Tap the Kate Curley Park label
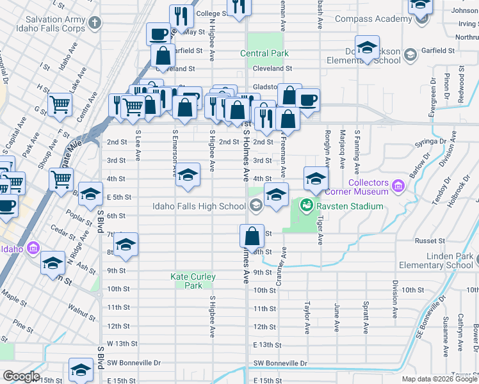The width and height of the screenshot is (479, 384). pyautogui.click(x=193, y=281)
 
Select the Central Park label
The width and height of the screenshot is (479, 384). pyautogui.click(x=264, y=53)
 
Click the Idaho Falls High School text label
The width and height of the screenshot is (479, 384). pyautogui.click(x=199, y=206)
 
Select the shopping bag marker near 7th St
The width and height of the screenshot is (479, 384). pyautogui.click(x=253, y=236)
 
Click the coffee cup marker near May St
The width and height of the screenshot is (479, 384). pyautogui.click(x=158, y=33)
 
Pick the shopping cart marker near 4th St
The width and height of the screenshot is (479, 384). pyautogui.click(x=61, y=179)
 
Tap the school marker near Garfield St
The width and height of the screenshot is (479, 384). pyautogui.click(x=368, y=49)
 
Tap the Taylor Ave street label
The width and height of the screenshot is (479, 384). pyautogui.click(x=307, y=317)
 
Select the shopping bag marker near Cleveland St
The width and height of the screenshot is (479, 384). pyautogui.click(x=163, y=56)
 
